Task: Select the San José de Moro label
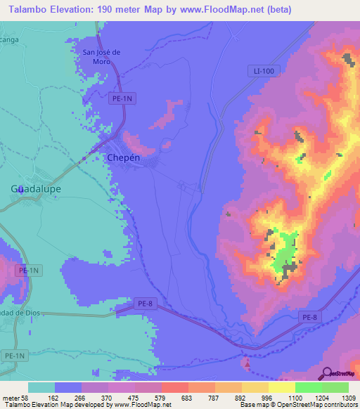103,57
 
